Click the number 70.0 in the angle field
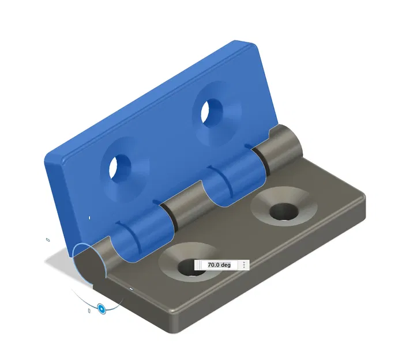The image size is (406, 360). click(x=213, y=265)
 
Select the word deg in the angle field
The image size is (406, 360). click(x=225, y=265)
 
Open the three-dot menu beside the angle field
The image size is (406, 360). click(x=245, y=265)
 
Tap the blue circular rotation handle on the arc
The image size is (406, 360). click(x=101, y=309)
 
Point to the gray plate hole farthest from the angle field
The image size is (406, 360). click(x=283, y=211)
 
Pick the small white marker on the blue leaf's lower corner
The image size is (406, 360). click(x=89, y=217)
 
